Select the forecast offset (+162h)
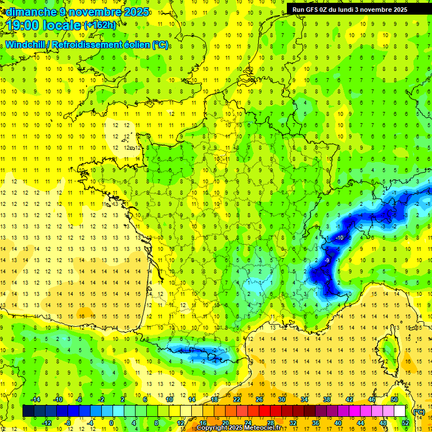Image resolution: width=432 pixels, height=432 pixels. (x=100, y=25)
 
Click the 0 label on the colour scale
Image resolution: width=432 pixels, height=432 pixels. (x=111, y=422)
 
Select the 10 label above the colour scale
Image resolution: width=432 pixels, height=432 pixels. (x=169, y=399)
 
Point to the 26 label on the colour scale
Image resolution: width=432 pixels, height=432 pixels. (x=259, y=399)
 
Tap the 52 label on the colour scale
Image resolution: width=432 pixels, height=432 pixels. (x=405, y=422)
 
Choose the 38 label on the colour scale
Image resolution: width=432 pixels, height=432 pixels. (x=327, y=399)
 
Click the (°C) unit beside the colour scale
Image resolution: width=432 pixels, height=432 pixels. (x=418, y=411)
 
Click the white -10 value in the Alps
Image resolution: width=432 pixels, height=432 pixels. (x=339, y=238)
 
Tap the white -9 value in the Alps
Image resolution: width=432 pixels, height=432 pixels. (x=327, y=260)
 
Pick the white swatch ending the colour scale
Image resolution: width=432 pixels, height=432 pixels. (x=400, y=411)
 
